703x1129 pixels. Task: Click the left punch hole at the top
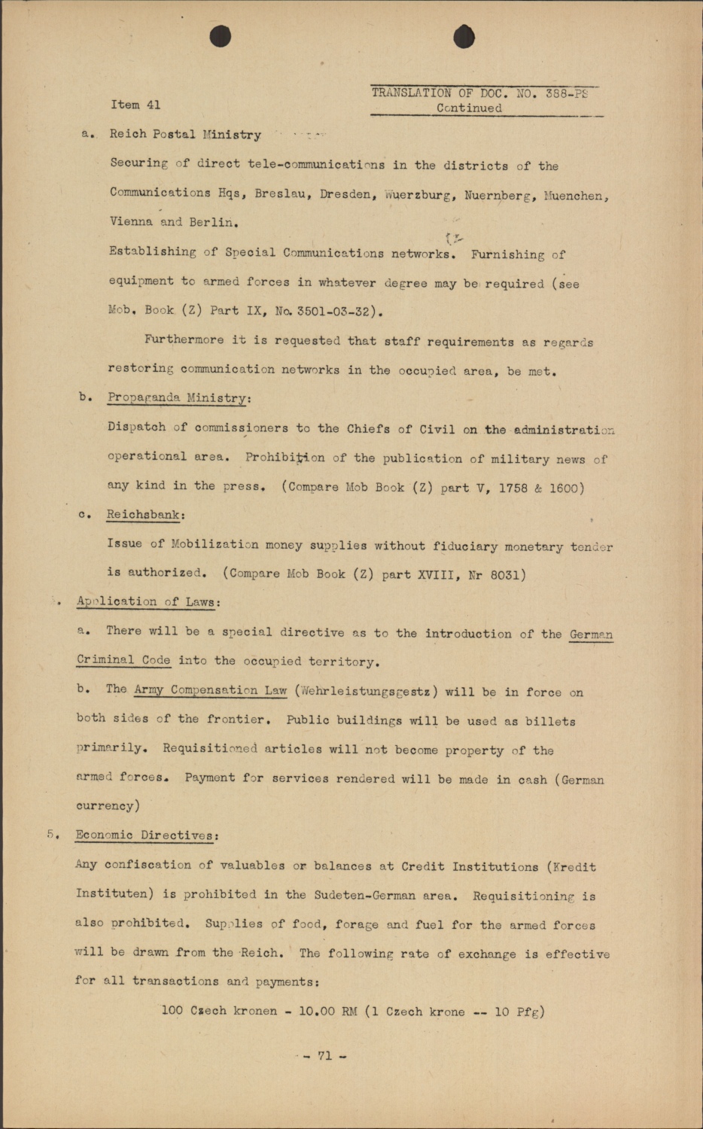pos(220,36)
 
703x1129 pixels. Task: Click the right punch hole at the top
pos(464,36)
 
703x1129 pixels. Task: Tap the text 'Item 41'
pos(135,105)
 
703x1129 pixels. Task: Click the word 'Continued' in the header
pos(469,108)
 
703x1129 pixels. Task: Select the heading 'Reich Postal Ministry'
pos(185,135)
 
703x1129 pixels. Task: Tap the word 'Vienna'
pos(131,222)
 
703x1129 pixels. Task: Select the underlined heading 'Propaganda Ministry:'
pos(179,398)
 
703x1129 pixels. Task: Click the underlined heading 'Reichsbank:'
pos(145,516)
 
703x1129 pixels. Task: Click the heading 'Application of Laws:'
pos(148,602)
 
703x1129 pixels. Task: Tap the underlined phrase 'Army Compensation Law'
pos(210,690)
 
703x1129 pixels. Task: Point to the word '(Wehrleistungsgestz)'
pos(366,692)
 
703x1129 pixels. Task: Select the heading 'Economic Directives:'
pos(147,835)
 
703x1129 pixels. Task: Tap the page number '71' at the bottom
pos(324,1056)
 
